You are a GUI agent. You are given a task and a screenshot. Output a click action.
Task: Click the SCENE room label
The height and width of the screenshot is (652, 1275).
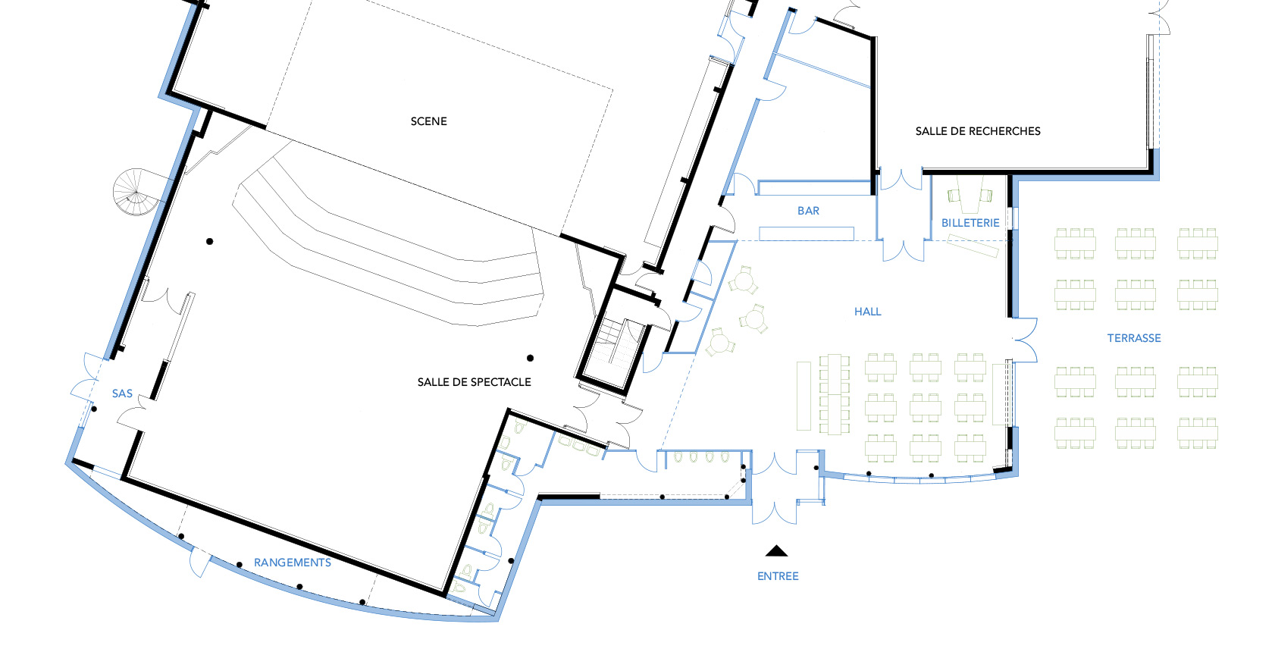[428, 121]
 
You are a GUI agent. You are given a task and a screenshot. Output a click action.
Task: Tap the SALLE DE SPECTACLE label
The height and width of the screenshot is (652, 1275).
[474, 382]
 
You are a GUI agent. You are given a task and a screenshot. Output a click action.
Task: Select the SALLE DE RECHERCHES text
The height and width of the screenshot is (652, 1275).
[978, 131]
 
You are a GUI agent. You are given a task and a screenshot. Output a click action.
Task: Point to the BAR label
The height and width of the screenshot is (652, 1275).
[808, 211]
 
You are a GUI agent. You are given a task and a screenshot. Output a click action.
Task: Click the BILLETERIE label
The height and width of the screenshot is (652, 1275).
[970, 223]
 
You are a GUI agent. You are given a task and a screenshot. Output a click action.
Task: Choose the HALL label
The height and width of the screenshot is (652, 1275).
[867, 312]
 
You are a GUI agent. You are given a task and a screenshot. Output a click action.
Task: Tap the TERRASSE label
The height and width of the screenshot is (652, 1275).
[1134, 338]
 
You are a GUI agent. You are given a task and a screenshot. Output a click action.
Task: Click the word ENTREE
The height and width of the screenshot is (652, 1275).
[778, 576]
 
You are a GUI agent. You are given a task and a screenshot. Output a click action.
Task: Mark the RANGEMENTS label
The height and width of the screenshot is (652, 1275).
[292, 563]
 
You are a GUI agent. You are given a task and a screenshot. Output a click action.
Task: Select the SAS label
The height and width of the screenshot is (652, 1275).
[122, 393]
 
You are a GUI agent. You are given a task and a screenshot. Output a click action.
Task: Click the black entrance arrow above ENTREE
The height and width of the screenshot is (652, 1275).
[776, 550]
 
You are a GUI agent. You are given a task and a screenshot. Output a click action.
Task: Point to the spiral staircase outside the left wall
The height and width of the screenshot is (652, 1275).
[136, 192]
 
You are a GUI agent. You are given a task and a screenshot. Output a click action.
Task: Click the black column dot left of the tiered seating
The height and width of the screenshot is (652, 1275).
[209, 241]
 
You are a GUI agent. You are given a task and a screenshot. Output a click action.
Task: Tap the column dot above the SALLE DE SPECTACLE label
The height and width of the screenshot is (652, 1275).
[530, 358]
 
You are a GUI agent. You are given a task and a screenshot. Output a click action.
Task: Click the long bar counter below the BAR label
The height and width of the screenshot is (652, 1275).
[807, 234]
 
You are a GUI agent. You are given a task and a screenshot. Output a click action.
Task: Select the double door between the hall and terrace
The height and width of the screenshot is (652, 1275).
[1025, 340]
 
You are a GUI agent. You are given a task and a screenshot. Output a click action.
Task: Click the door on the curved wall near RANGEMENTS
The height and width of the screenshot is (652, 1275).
[199, 561]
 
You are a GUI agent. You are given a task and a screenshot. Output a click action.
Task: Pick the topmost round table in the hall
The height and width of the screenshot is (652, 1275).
[744, 281]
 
